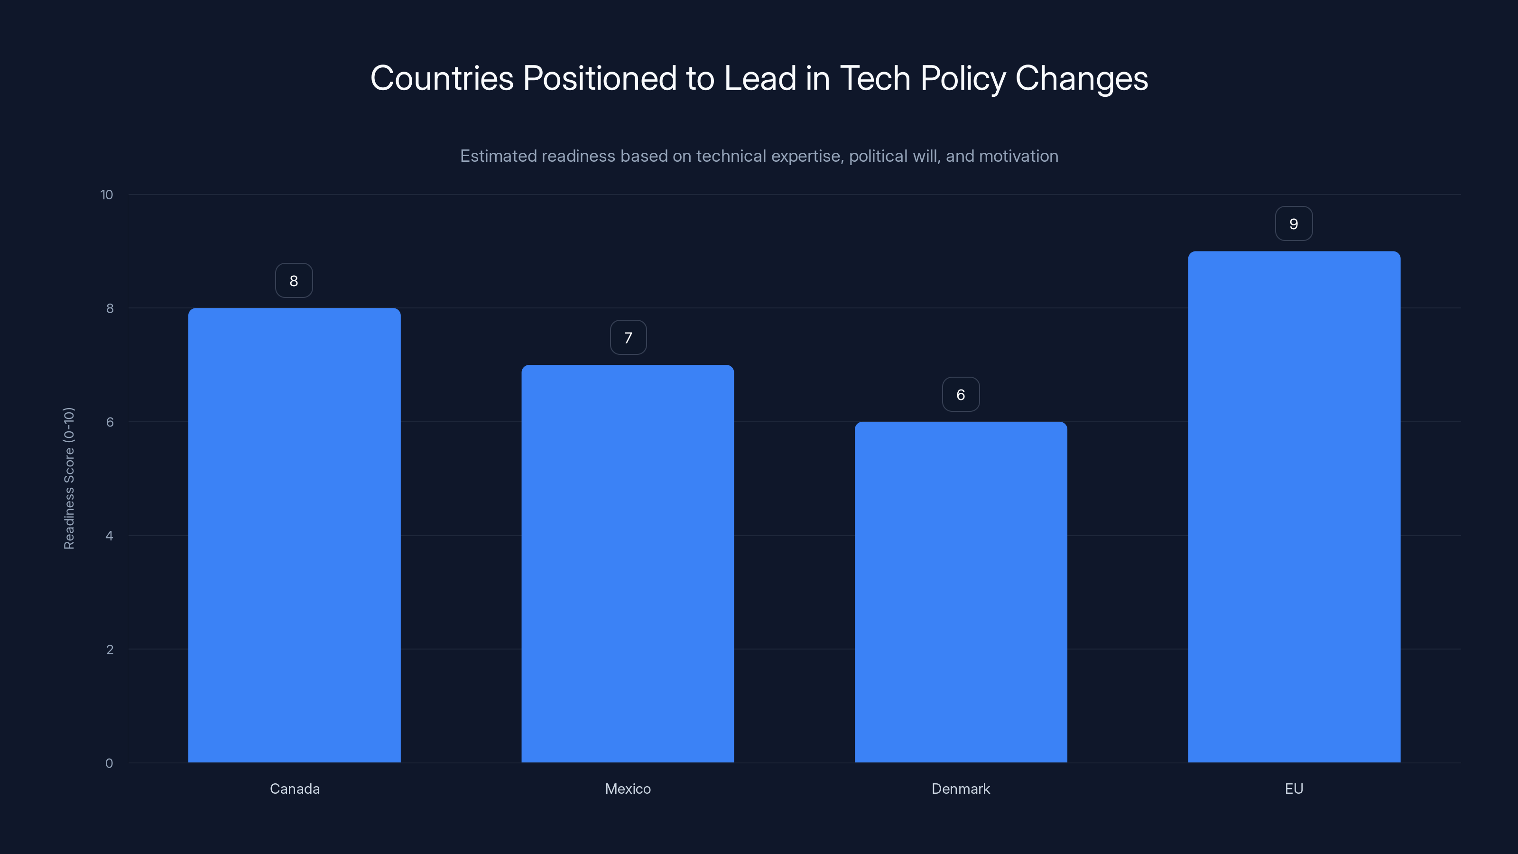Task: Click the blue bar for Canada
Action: (294, 535)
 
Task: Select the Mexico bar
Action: (628, 564)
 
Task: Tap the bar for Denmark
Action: (961, 592)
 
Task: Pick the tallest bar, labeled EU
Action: (1294, 507)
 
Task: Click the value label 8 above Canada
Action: (294, 280)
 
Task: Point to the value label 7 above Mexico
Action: (628, 338)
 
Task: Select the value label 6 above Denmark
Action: (961, 394)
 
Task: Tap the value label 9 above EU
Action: (1294, 223)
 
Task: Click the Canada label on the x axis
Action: (295, 789)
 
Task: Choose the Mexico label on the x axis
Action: (628, 789)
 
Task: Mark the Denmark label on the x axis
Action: (961, 789)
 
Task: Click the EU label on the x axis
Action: (1294, 789)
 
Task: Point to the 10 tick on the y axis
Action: (107, 195)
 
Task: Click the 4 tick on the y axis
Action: (109, 536)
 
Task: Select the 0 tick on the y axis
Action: (109, 763)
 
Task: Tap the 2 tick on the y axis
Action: (109, 650)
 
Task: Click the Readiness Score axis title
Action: (69, 478)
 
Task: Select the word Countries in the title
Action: (442, 78)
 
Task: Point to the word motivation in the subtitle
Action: (1018, 156)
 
